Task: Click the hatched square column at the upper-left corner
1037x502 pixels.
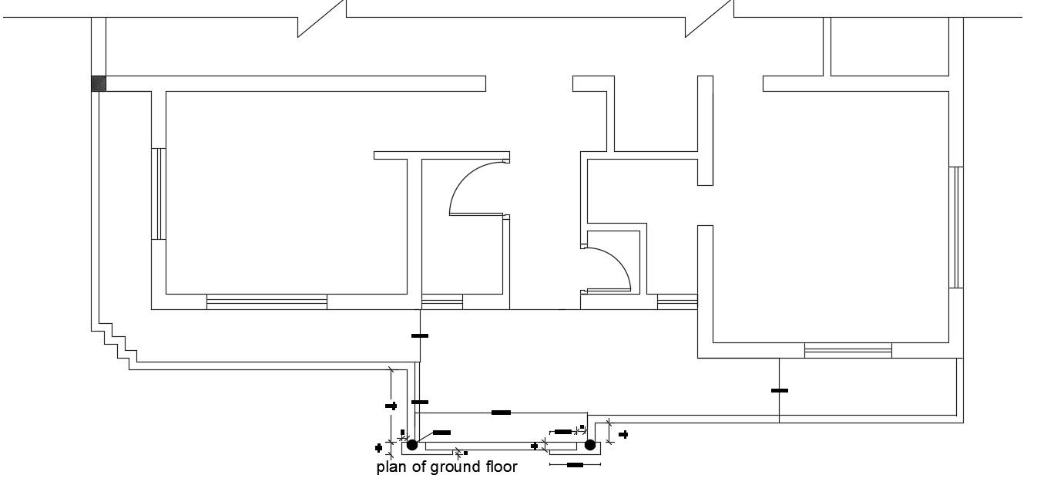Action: (99, 83)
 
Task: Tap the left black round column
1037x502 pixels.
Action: (412, 445)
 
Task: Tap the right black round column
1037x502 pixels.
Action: (590, 445)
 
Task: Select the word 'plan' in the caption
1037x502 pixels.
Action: (390, 467)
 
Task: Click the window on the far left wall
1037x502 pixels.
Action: (159, 194)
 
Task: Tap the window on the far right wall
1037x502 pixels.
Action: (957, 227)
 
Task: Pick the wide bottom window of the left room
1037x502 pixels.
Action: (267, 302)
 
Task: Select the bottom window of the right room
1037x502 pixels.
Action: (847, 350)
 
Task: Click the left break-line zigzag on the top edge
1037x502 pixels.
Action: (321, 19)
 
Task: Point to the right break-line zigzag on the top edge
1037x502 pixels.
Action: (709, 19)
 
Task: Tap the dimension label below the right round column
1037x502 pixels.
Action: (575, 465)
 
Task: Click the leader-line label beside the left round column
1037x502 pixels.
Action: (442, 433)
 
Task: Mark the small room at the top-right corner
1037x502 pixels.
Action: (889, 46)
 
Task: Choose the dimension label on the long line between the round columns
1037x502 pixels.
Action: (501, 413)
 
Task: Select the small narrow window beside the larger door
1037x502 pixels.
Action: (441, 302)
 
